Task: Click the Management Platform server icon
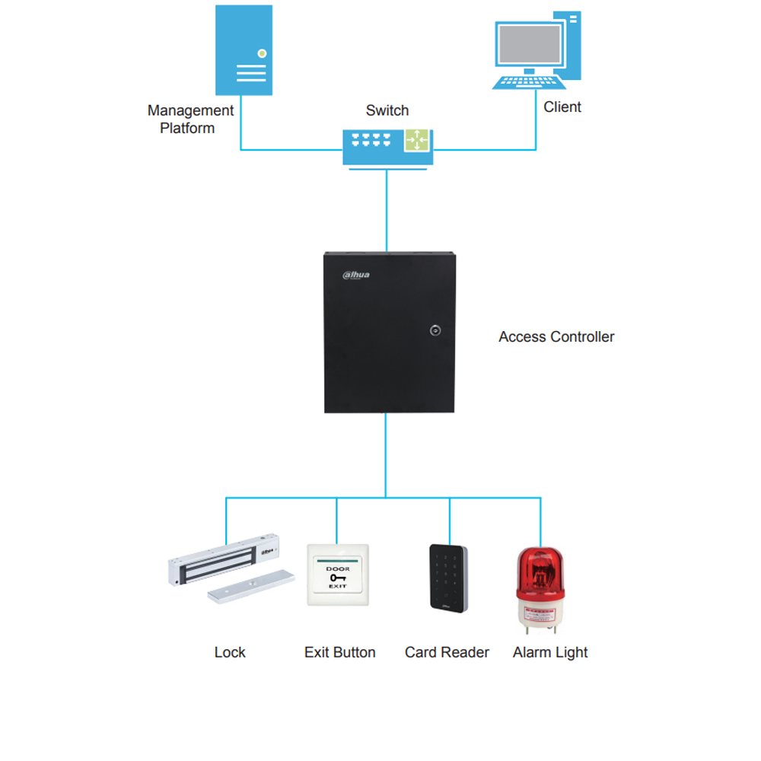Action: tap(243, 50)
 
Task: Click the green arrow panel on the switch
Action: tap(417, 140)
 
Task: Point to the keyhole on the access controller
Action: tap(435, 330)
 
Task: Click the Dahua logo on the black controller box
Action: tap(356, 275)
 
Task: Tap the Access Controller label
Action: tap(556, 336)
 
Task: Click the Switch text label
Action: tap(387, 110)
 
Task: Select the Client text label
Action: tap(562, 107)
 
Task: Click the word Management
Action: tap(190, 111)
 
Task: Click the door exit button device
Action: tap(337, 575)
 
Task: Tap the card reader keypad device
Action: tap(448, 578)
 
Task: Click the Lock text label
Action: tap(230, 652)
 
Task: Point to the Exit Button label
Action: tap(339, 652)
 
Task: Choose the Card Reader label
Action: tap(447, 652)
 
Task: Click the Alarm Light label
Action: tap(550, 652)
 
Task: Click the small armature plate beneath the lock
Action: tap(250, 587)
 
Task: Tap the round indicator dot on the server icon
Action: tap(262, 53)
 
